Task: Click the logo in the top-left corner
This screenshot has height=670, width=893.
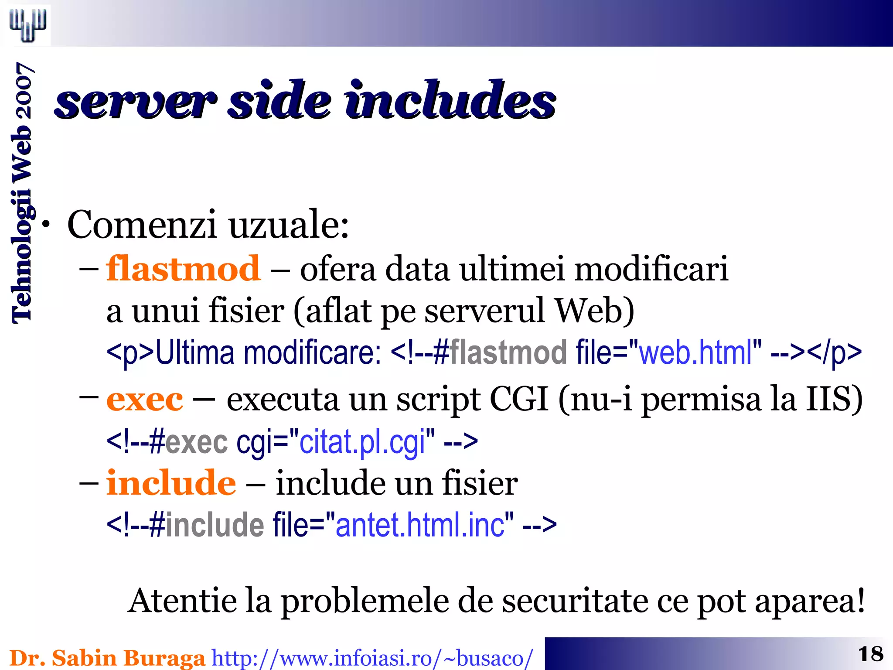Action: tap(28, 24)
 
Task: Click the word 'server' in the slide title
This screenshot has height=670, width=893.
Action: tap(135, 101)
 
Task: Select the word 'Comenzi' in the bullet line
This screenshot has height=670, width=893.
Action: tap(142, 225)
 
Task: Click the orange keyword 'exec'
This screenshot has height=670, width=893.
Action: tap(145, 399)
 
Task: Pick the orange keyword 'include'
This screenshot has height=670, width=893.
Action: tap(171, 483)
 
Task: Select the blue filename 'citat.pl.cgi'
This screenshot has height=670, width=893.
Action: tap(362, 442)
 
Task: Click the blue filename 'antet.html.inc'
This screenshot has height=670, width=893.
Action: tap(420, 525)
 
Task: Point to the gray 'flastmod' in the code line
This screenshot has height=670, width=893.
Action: tap(508, 352)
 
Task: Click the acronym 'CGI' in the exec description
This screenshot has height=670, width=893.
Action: tap(519, 399)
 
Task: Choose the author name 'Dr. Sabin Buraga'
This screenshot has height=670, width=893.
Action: tap(107, 658)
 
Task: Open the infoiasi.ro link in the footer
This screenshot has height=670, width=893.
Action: tap(372, 658)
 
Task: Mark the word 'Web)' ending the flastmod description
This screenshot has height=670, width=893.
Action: tap(594, 311)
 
